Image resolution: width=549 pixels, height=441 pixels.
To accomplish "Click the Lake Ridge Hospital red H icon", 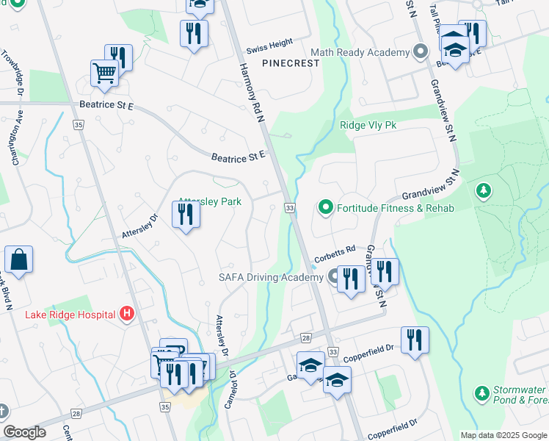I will click(127, 315).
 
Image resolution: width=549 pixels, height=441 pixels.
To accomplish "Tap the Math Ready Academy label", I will click(359, 53).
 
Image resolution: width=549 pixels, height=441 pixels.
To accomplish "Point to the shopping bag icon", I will click(18, 259).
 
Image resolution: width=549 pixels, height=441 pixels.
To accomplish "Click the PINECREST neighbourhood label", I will click(291, 63).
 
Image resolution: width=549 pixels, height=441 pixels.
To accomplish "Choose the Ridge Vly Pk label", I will click(368, 126).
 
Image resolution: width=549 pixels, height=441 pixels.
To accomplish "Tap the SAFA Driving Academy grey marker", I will click(333, 277).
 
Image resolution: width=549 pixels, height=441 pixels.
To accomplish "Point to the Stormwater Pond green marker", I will click(482, 394).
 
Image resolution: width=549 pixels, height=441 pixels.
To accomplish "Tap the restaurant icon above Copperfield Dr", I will click(415, 340).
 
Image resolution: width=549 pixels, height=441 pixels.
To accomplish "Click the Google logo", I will click(25, 432).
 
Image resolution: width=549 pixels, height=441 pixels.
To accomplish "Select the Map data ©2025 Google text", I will click(503, 435).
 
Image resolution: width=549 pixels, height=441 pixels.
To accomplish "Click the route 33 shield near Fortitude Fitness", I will click(290, 209).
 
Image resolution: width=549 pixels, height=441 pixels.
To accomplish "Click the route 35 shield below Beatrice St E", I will click(79, 126).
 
